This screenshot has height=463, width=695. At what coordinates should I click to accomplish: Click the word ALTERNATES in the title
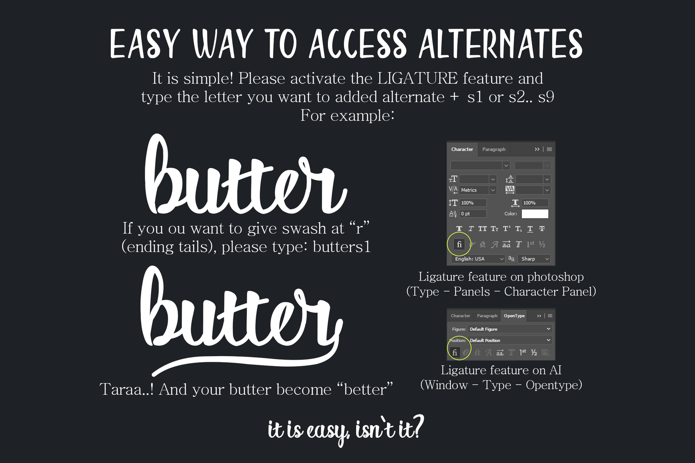[x=500, y=44]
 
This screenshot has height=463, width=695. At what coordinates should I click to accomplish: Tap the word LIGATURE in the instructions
[x=417, y=78]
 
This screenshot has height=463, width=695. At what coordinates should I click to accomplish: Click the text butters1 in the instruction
[x=341, y=247]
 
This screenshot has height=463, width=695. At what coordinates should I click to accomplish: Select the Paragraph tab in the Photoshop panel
[x=493, y=149]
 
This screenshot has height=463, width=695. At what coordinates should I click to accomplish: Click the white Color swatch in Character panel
[x=535, y=214]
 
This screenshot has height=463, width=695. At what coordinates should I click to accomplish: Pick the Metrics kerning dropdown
[x=478, y=190]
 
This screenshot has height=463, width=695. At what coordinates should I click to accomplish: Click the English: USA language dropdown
[x=478, y=259]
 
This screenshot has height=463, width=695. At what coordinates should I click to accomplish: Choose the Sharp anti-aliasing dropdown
[x=534, y=259]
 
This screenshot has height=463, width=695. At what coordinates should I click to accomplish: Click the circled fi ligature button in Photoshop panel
[x=459, y=244]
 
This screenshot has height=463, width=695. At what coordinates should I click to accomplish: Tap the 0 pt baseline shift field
[x=473, y=214]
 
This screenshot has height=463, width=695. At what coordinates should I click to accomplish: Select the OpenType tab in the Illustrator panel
[x=514, y=316]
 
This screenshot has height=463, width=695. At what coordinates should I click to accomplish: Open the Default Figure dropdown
[x=510, y=329]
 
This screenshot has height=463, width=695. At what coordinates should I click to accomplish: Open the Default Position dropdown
[x=510, y=340]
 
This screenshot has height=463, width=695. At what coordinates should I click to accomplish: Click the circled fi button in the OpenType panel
[x=455, y=353]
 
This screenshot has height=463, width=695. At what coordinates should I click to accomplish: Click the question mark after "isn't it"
[x=417, y=427]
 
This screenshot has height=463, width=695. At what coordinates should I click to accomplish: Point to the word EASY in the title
[x=145, y=44]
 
